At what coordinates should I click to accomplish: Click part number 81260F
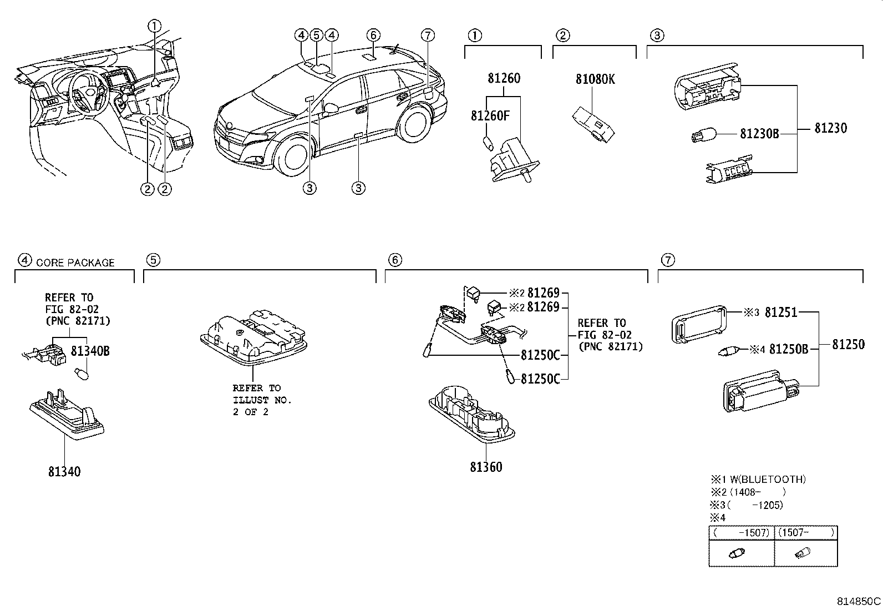click(490, 115)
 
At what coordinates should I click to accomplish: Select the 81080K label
click(595, 79)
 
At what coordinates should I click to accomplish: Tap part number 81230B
click(759, 134)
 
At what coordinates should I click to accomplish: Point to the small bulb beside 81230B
click(704, 134)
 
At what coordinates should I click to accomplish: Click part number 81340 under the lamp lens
click(64, 472)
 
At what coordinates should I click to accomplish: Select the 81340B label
click(90, 351)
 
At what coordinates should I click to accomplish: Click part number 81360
click(486, 467)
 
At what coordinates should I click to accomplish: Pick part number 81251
click(780, 312)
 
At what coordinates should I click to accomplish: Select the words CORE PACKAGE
click(75, 263)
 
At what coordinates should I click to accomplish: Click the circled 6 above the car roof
click(373, 36)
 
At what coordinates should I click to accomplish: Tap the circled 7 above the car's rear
click(427, 36)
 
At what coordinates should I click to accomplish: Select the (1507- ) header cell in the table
click(805, 533)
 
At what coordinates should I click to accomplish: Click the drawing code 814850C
click(859, 601)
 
